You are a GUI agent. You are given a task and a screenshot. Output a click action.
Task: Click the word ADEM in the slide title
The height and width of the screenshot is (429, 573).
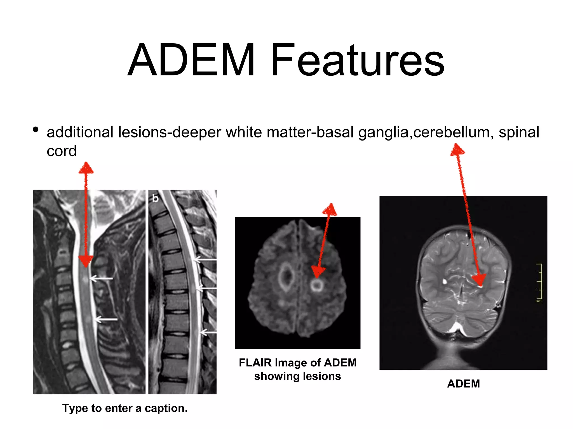coord(191,60)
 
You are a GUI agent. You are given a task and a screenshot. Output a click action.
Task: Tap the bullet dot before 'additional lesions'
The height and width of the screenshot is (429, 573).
coord(36,130)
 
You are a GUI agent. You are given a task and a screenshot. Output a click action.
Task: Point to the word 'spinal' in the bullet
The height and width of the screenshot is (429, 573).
coord(519,132)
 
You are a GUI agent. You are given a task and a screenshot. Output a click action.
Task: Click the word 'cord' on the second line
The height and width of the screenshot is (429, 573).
coord(62,151)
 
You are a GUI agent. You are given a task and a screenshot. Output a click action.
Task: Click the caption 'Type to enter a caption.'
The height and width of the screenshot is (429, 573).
coord(125,408)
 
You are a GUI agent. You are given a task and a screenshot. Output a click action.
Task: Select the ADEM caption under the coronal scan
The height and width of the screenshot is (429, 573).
coord(463,383)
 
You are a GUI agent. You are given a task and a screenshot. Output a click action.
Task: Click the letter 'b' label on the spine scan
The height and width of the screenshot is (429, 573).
coord(155,198)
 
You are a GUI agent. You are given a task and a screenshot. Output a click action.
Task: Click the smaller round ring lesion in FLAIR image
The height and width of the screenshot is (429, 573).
coord(317,285)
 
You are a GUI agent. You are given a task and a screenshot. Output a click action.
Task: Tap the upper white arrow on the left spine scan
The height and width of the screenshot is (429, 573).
coord(101,278)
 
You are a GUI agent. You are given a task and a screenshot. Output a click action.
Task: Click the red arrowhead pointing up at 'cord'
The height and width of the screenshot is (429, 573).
coord(86,168)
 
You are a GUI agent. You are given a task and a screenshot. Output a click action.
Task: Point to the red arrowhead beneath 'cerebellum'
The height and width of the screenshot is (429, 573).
coord(457,150)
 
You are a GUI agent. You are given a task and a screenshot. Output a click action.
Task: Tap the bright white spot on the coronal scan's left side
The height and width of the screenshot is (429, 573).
coord(444,281)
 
